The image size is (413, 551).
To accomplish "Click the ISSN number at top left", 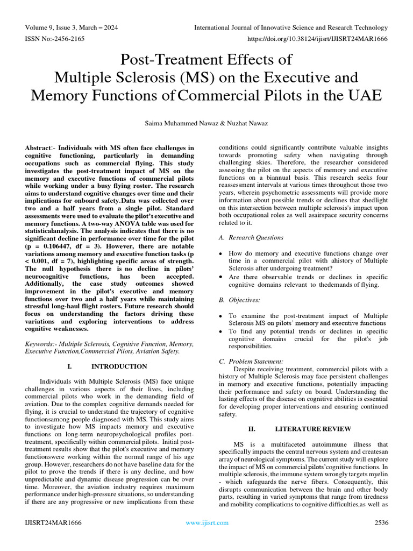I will (x=52, y=39).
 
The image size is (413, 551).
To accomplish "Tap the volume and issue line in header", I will (x=72, y=27).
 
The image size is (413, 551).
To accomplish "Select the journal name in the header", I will (x=290, y=27).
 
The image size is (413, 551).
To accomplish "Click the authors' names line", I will (x=206, y=123).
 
